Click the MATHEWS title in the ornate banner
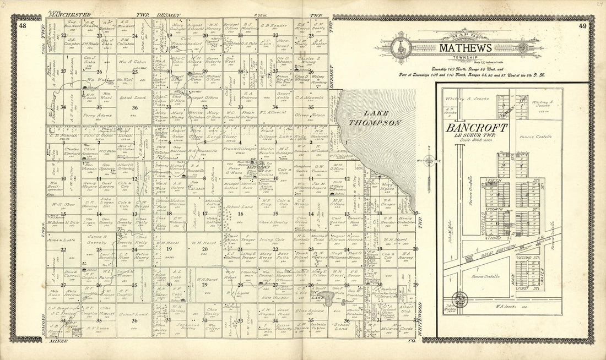pos(466,48)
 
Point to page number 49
pos(583,26)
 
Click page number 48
pos(22,26)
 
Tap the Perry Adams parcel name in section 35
pos(94,116)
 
